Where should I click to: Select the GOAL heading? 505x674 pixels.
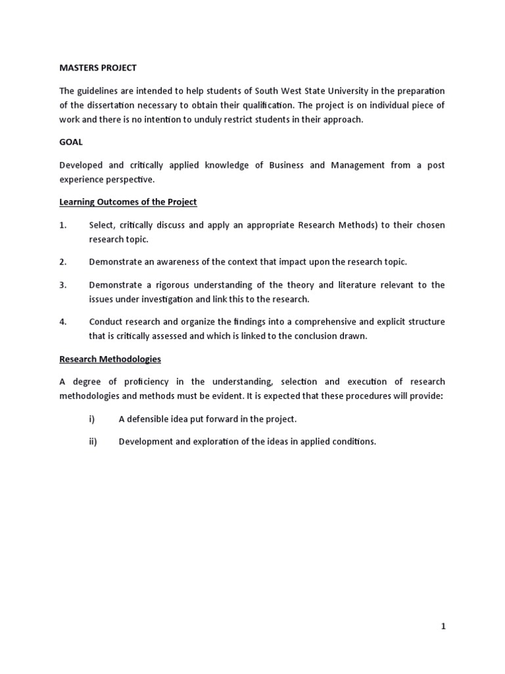(71, 142)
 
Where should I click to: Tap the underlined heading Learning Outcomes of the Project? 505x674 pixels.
(128, 201)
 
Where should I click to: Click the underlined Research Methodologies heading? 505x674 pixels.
(110, 359)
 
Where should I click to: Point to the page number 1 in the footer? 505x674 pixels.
(443, 627)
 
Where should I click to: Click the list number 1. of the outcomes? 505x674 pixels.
(63, 225)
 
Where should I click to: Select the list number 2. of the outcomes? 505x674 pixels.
(63, 262)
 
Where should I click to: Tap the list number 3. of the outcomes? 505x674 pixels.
(63, 285)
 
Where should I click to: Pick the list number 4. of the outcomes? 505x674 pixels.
(63, 322)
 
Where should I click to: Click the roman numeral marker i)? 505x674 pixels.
(91, 419)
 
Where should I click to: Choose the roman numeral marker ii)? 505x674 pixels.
(93, 442)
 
